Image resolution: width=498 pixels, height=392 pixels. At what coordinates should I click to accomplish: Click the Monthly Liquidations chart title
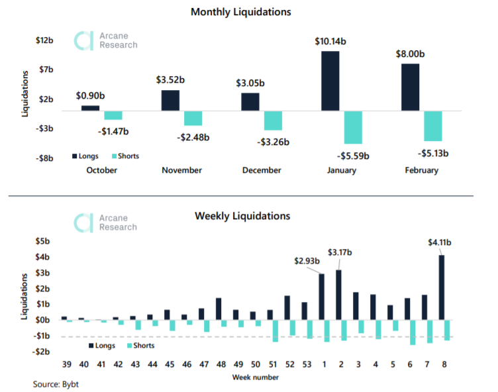tap(240, 12)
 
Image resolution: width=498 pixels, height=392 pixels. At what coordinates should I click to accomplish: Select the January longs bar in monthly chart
tap(330, 81)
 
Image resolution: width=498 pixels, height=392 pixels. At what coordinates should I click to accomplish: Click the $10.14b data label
tap(331, 41)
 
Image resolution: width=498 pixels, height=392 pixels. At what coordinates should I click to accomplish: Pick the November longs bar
tap(170, 100)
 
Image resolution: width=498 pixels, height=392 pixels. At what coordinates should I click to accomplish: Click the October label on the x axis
tap(102, 170)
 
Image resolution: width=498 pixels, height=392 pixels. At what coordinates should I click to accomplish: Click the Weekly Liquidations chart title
tap(242, 216)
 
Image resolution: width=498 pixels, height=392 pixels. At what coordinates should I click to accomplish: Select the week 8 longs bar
tap(442, 287)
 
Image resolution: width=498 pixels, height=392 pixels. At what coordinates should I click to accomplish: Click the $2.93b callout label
tap(307, 260)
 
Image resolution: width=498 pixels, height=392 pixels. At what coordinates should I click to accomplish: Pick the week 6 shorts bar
tap(413, 332)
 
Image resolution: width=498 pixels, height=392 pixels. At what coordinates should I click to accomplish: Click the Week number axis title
tap(255, 377)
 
